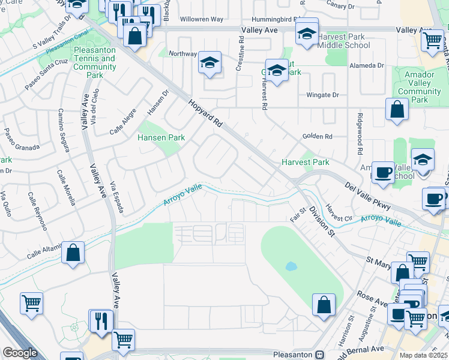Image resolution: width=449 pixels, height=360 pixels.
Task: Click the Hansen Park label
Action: tap(162, 138)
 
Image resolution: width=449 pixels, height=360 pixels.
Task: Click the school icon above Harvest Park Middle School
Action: tap(306, 34)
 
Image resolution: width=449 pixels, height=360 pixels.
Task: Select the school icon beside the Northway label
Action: tap(209, 62)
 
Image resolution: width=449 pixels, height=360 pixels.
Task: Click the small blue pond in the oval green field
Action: tap(291, 266)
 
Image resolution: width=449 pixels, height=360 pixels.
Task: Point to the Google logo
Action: tap(19, 353)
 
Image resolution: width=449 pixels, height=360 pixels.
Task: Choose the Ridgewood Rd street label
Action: tap(360, 134)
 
